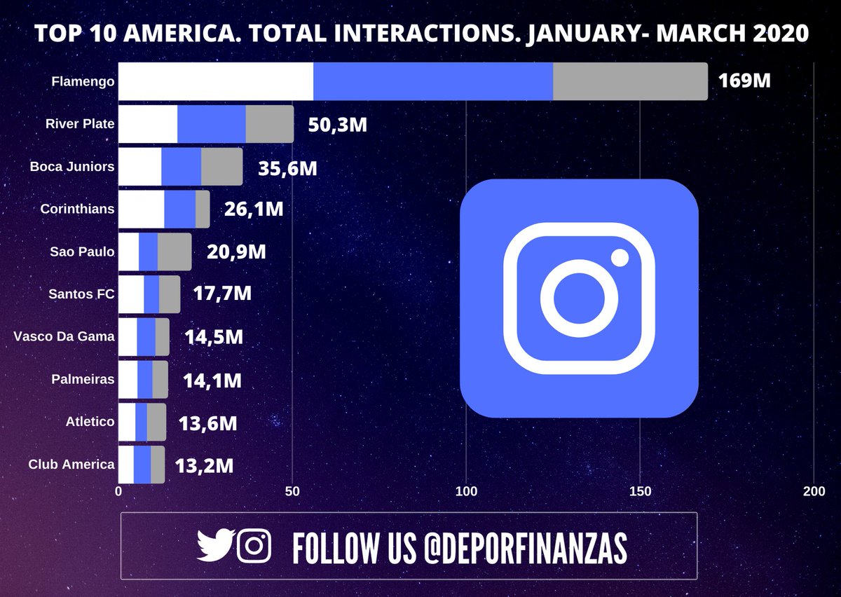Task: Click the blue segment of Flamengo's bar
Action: (433, 81)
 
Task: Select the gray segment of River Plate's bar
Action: (270, 124)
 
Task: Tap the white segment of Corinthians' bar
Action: (141, 210)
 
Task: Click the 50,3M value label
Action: (338, 125)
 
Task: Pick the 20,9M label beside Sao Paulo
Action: (237, 252)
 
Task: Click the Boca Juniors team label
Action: (72, 167)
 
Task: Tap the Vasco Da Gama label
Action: (64, 336)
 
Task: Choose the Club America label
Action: (71, 464)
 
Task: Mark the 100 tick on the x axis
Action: (466, 492)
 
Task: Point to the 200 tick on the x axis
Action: (814, 492)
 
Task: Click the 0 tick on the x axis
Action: (118, 492)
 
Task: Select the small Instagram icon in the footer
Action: (254, 545)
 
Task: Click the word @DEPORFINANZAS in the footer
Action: (525, 547)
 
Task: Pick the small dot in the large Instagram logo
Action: (620, 258)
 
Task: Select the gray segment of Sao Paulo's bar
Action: (175, 252)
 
